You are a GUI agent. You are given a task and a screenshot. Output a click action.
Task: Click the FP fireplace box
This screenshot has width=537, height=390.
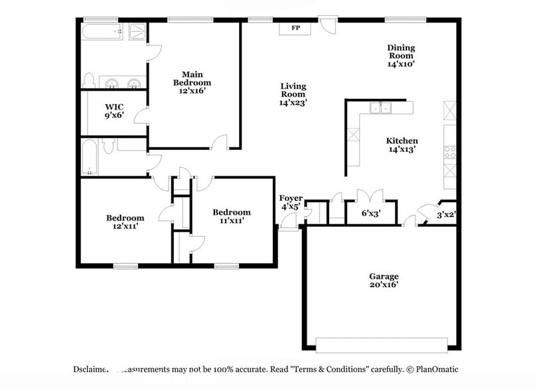(x=295, y=28)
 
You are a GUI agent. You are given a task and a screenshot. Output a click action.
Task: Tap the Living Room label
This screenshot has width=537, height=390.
(x=293, y=94)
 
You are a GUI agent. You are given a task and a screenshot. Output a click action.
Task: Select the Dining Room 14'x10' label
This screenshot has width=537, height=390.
(x=401, y=56)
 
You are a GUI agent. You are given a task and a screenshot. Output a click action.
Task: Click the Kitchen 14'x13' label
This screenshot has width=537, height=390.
(x=402, y=145)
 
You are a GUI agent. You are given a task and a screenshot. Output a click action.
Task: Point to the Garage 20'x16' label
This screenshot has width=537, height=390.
(x=384, y=281)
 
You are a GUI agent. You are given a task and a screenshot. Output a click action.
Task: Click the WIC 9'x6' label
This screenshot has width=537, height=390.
(x=114, y=111)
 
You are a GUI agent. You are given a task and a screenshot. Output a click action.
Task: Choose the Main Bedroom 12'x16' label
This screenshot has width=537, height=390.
(x=192, y=82)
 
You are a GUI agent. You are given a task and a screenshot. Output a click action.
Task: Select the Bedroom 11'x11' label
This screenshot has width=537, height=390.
(x=232, y=216)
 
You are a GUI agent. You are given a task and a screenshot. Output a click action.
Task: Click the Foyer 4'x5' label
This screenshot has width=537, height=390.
(x=291, y=202)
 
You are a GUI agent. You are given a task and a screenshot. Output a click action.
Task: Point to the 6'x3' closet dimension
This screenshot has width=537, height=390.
(x=371, y=214)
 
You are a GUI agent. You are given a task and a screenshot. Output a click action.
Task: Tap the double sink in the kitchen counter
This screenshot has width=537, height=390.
(x=381, y=107)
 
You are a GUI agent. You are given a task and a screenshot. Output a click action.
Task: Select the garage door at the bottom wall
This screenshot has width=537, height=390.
(x=382, y=345)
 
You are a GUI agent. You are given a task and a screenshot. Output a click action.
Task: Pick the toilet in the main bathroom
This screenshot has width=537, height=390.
(x=89, y=80)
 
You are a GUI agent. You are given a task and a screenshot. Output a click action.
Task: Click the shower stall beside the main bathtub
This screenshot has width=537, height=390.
(x=137, y=31)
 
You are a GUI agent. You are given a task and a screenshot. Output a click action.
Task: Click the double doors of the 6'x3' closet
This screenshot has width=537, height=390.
(x=370, y=196)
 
